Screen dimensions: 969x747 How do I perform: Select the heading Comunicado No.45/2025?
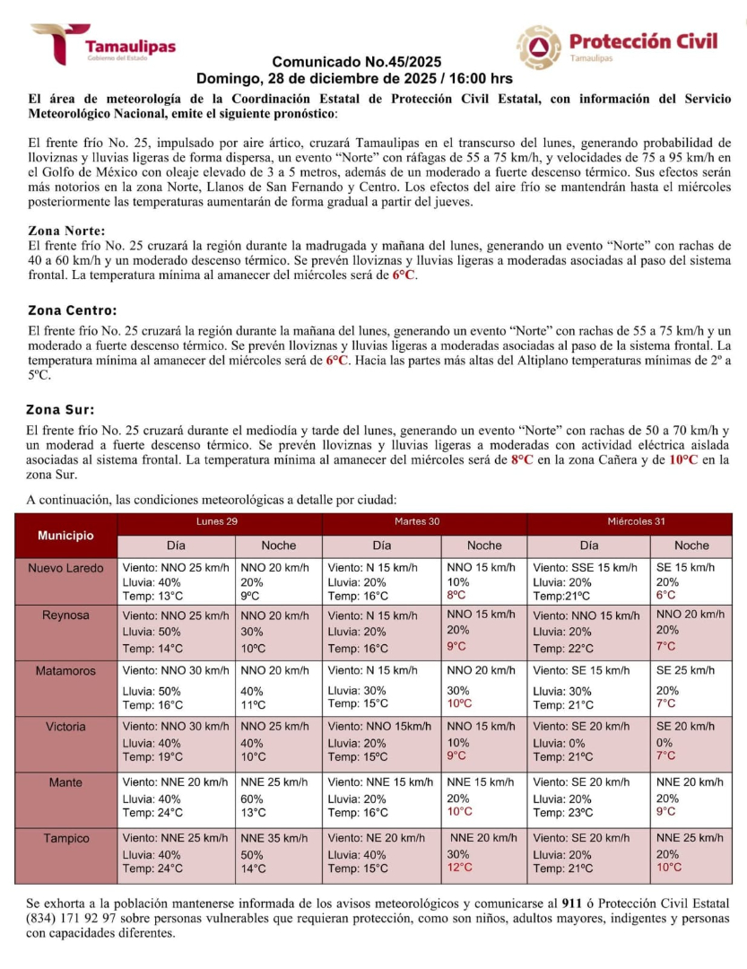(356, 62)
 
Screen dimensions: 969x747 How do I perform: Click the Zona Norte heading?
(67, 231)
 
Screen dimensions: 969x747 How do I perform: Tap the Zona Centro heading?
(72, 310)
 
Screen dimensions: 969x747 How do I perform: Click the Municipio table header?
(65, 536)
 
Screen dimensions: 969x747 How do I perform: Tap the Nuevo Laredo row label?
(65, 568)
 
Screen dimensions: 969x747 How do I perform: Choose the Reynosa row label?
(65, 615)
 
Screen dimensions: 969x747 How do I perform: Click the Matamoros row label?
(65, 670)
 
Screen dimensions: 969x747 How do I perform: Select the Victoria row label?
(65, 726)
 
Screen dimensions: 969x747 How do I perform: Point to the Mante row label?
(65, 782)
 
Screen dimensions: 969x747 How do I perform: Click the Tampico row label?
(65, 838)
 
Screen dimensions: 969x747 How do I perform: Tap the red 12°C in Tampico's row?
(460, 868)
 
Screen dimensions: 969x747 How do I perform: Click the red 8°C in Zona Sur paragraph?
(522, 459)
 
